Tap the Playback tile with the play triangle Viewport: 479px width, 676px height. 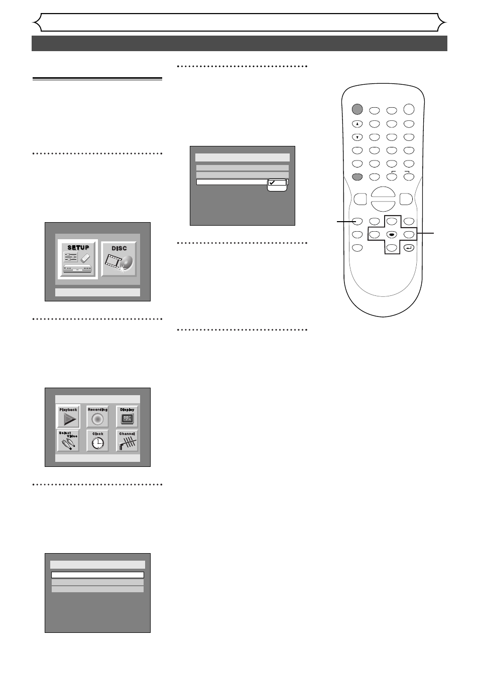68,417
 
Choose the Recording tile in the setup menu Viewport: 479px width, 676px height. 98,417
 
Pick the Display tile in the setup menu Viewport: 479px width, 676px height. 127,417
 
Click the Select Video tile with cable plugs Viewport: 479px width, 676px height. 68,441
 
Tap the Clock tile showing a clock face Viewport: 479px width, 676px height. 98,441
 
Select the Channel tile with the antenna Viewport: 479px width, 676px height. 127,441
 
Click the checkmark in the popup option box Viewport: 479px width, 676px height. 272,183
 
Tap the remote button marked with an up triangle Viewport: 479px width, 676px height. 357,124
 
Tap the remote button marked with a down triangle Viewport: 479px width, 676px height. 357,137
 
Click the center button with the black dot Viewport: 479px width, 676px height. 392,234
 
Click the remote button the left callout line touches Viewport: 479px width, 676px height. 357,221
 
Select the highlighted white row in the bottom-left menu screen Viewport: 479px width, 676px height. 97,575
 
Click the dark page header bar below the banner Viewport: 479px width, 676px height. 239,44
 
